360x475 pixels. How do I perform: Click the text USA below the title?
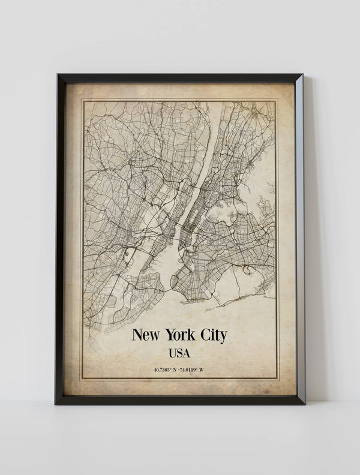point(180,353)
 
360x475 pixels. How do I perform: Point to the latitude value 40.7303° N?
point(166,369)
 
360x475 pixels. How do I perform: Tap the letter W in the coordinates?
point(202,369)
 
